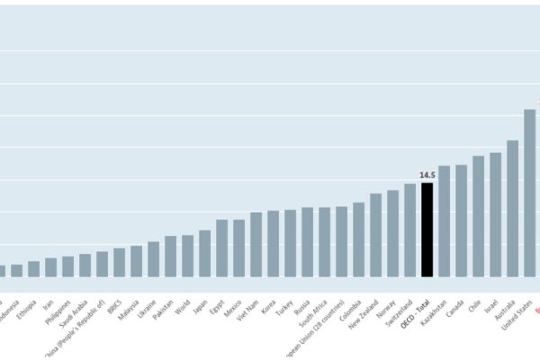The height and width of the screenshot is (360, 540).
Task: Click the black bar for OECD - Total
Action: (427, 229)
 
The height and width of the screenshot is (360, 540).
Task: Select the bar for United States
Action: (529, 193)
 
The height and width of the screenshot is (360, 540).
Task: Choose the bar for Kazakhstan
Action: (444, 221)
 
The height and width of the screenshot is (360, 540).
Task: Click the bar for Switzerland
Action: (409, 230)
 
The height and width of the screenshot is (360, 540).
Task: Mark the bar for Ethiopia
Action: (33, 269)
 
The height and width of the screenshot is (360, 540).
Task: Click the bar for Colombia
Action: (358, 239)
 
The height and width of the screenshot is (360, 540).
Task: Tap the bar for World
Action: (187, 256)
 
